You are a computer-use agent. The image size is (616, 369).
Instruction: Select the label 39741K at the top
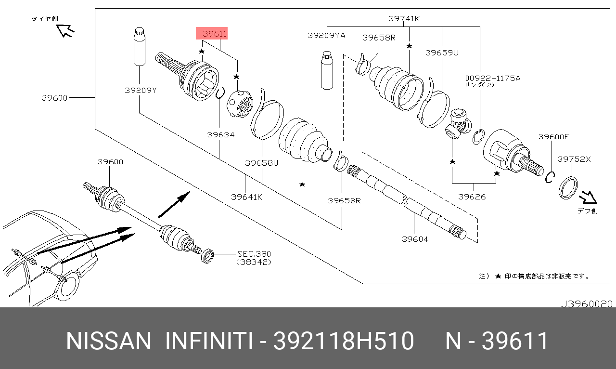point(405,19)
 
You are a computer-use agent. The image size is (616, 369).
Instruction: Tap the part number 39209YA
point(326,36)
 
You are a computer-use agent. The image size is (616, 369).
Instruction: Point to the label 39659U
point(441,53)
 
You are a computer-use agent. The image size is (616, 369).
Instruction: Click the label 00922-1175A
point(492,78)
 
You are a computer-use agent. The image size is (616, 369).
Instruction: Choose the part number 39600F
point(553,137)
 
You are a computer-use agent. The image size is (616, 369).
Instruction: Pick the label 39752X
point(574,159)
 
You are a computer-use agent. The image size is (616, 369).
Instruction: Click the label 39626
point(472,196)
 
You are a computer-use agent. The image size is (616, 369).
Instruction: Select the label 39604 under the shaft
point(415,239)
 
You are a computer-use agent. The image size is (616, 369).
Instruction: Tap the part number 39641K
point(246,197)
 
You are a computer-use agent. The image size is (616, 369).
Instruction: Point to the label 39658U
point(261,162)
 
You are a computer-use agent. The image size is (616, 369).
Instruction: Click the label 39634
point(220,135)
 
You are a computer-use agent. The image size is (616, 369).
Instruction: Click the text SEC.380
point(254,254)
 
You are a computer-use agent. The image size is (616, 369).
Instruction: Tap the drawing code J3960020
point(587,304)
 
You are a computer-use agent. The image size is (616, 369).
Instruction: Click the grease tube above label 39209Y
point(139,46)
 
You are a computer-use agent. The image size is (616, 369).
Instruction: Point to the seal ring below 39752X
point(568,188)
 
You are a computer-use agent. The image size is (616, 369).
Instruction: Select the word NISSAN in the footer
point(108,342)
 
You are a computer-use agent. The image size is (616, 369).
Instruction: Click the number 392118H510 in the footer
point(343,342)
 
